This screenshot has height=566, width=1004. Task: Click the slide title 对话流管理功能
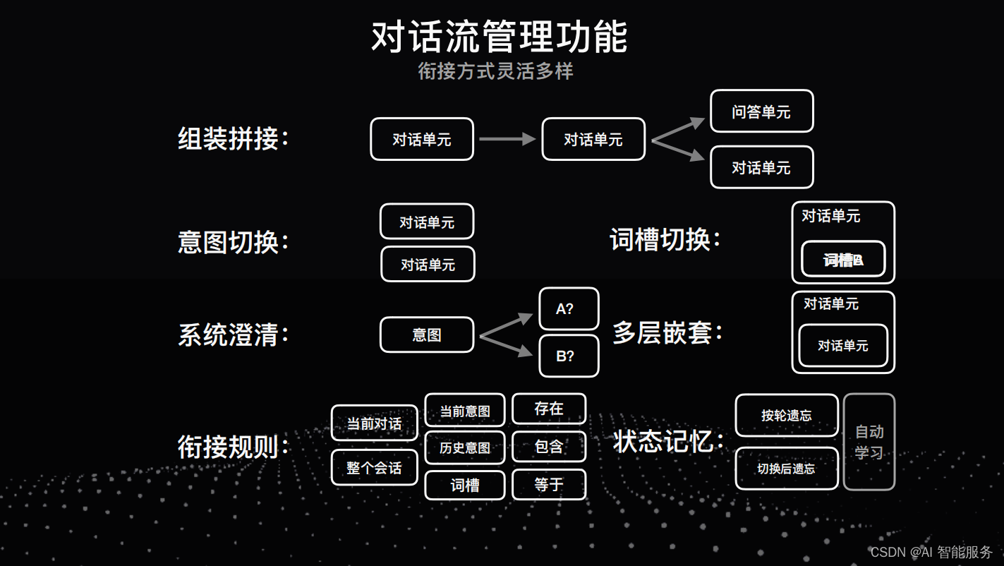click(x=499, y=37)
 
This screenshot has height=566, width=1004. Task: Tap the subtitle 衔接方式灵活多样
click(x=495, y=71)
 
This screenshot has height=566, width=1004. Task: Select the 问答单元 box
click(x=761, y=112)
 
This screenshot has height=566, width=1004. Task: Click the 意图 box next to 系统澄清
click(x=427, y=335)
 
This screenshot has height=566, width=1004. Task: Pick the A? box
click(x=569, y=309)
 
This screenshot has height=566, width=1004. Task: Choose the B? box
click(x=569, y=356)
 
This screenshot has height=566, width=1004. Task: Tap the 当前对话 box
click(x=374, y=423)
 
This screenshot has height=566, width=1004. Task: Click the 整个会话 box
click(x=374, y=468)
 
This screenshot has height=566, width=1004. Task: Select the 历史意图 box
click(x=464, y=447)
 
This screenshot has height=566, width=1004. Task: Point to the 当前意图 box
click(x=464, y=410)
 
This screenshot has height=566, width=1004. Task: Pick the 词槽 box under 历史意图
click(x=464, y=485)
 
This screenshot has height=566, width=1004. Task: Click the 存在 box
click(x=549, y=409)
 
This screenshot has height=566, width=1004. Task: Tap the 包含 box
click(x=549, y=447)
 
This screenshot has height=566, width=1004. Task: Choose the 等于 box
click(x=549, y=484)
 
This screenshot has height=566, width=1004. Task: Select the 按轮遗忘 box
click(x=786, y=416)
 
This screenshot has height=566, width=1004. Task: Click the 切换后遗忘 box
click(x=786, y=469)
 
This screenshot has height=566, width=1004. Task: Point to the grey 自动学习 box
click(x=869, y=442)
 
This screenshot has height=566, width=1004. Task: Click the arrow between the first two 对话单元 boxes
click(x=507, y=139)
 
